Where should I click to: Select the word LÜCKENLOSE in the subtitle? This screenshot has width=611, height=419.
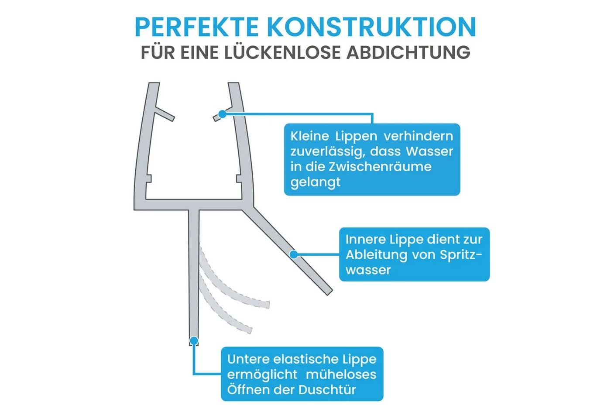coord(283,52)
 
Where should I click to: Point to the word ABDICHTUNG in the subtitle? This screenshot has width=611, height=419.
coord(408,52)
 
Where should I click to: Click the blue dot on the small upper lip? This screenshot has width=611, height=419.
coord(222,114)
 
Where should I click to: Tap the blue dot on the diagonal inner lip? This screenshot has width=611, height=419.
coord(293,254)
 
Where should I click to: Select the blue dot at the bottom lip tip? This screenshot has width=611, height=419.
coord(194,340)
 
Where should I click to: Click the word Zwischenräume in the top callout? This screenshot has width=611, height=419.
coord(380,166)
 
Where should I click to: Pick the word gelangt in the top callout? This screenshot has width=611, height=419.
coord(315,182)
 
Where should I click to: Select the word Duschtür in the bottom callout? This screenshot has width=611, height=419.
coord(327,389)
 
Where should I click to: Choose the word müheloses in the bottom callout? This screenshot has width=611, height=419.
coord(341,374)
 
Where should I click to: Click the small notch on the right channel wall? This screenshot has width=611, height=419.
coord(238,179)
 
